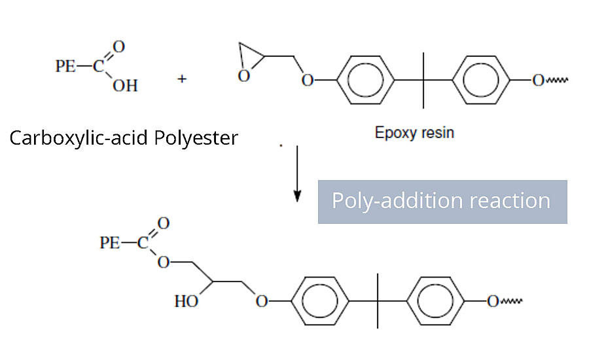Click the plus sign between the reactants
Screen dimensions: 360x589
click(x=181, y=79)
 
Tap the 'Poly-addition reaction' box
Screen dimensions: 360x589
click(x=442, y=201)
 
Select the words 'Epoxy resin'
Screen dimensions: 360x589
click(x=414, y=133)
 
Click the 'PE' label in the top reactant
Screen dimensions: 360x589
click(x=66, y=67)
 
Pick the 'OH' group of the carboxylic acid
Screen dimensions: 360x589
click(x=125, y=86)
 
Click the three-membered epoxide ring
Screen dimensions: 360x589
click(x=248, y=61)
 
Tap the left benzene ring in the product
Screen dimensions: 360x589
click(x=321, y=301)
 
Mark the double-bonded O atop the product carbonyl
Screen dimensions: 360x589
click(x=164, y=224)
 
